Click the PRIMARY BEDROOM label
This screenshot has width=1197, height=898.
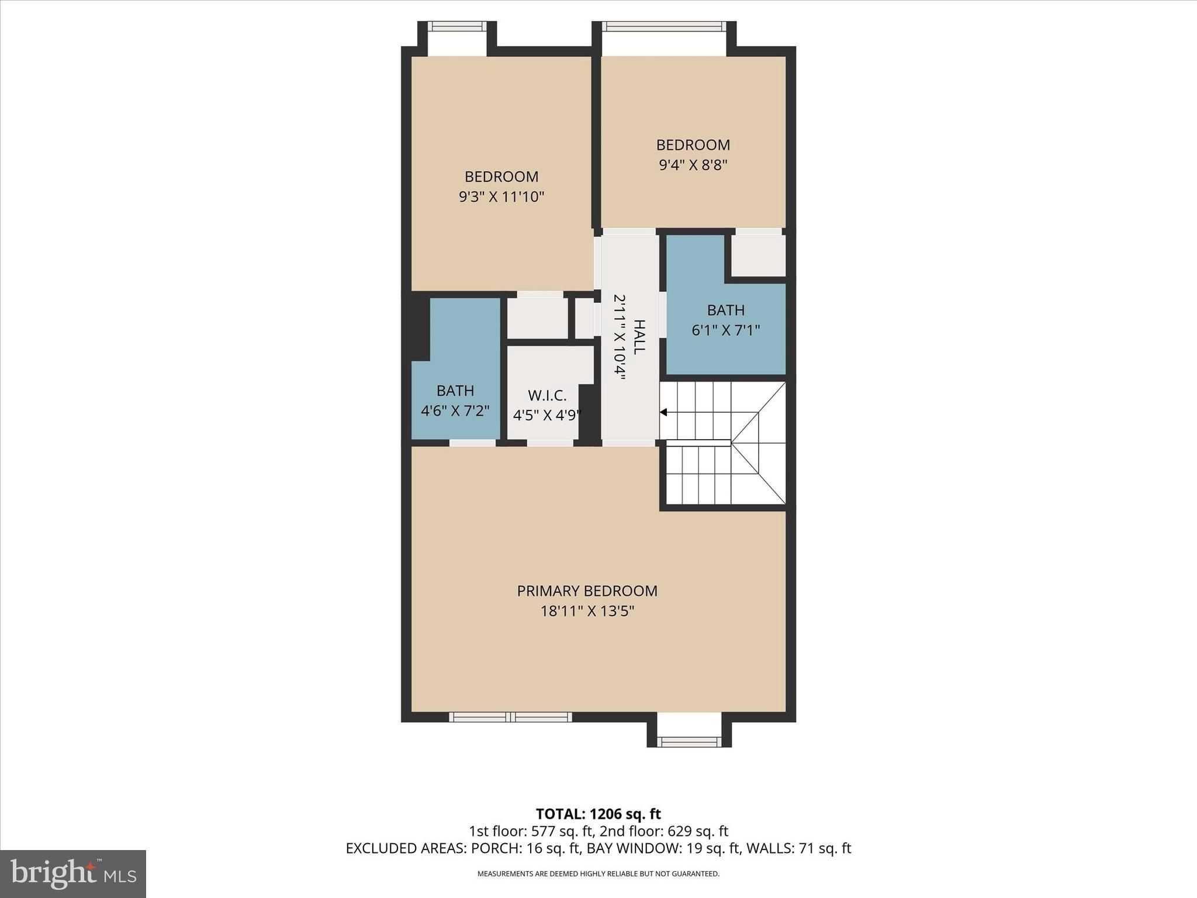coord(587,590)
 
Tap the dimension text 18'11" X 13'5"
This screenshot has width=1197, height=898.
coord(587,611)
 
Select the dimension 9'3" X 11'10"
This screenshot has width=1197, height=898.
coord(501,196)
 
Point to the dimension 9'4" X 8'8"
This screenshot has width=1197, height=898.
coord(693,165)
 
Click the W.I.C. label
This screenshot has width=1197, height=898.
coord(547,395)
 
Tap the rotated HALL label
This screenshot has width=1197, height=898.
coord(639,337)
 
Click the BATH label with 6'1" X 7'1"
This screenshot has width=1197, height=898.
coord(726,310)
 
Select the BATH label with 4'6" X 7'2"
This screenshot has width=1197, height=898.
coord(455,391)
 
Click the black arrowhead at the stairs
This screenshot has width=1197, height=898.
coord(663,412)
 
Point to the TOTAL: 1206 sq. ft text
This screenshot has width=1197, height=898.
coord(598,814)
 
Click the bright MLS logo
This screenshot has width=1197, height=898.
coord(73,874)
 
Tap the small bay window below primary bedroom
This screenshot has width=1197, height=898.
coord(689,741)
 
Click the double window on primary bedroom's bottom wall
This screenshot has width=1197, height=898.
coord(510,717)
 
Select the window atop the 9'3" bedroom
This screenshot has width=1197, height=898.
coord(457,26)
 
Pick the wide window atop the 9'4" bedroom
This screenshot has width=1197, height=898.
coord(664,26)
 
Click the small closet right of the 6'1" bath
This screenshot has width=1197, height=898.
coord(758,255)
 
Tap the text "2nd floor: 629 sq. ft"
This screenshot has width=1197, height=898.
coord(664,831)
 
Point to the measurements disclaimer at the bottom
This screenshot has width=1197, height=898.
coord(598,874)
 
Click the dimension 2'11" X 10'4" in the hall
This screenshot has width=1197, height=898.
coord(620,337)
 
